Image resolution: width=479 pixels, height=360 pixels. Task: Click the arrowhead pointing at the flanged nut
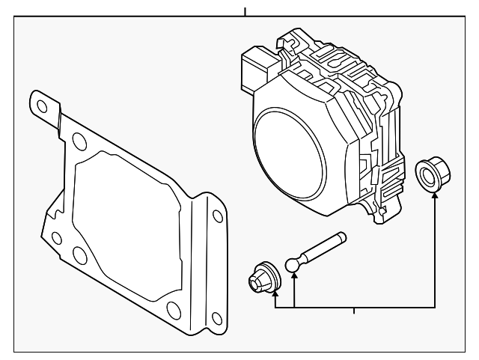pyautogui.click(x=435, y=197)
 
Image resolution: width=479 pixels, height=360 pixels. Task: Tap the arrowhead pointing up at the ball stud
pyautogui.click(x=295, y=278)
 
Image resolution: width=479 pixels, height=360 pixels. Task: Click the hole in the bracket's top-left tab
pyautogui.click(x=42, y=106)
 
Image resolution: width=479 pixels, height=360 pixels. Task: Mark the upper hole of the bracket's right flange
pyautogui.click(x=216, y=217)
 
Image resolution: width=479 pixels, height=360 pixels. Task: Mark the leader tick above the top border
pyautogui.click(x=245, y=10)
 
